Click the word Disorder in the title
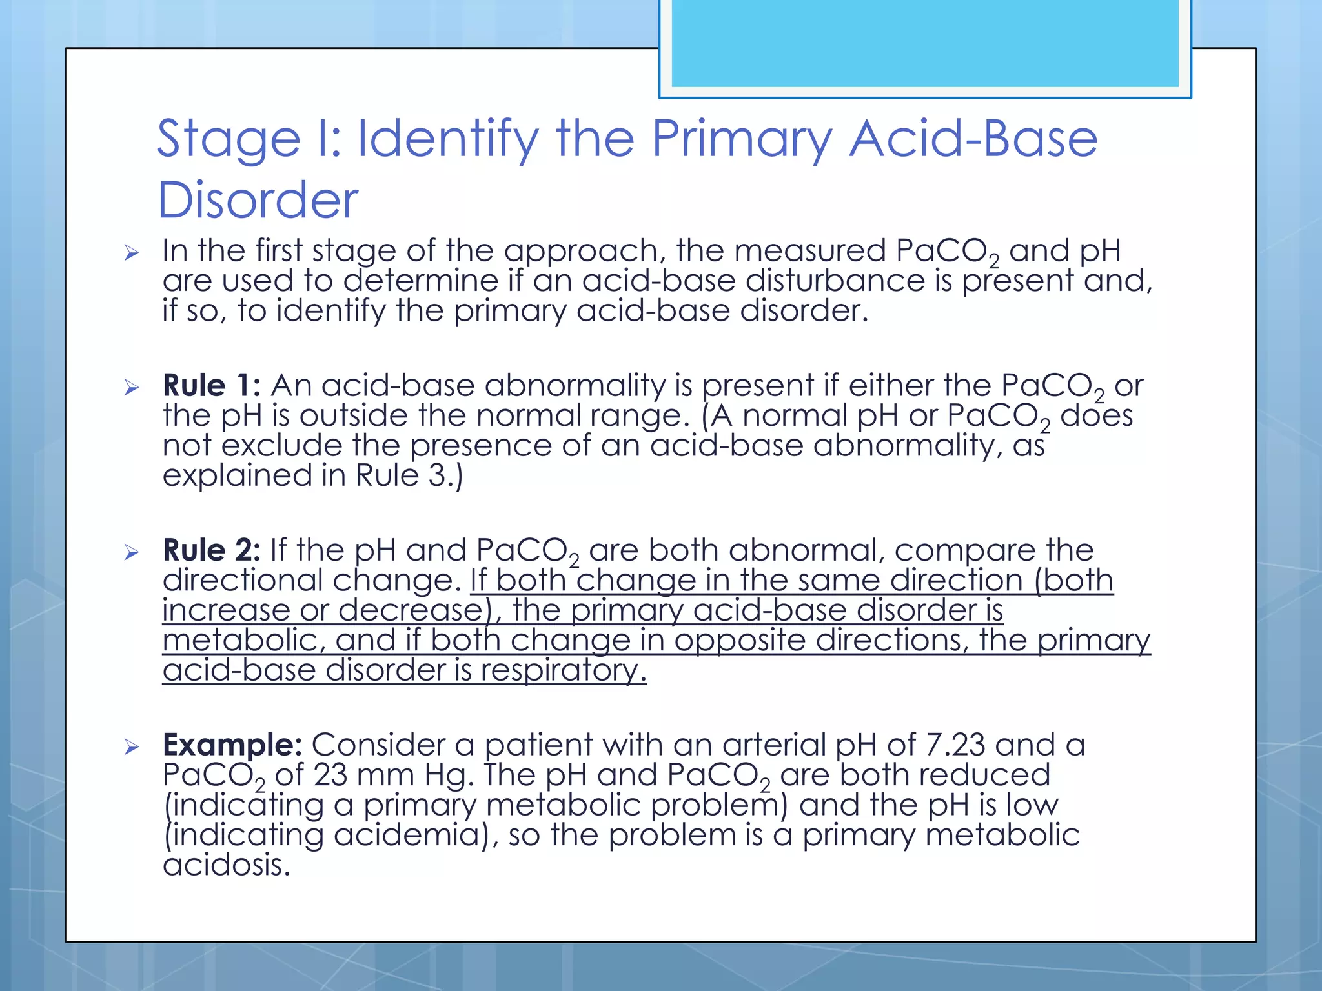(x=258, y=199)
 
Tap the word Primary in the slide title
(x=742, y=139)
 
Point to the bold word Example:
(x=232, y=745)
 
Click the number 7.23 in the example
(x=955, y=745)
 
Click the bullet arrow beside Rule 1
(x=132, y=388)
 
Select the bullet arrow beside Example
(x=132, y=747)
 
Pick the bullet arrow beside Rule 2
(x=132, y=552)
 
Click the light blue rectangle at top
(x=924, y=44)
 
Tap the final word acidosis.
(x=227, y=865)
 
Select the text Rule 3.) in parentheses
(x=409, y=476)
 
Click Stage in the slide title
(x=229, y=139)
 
